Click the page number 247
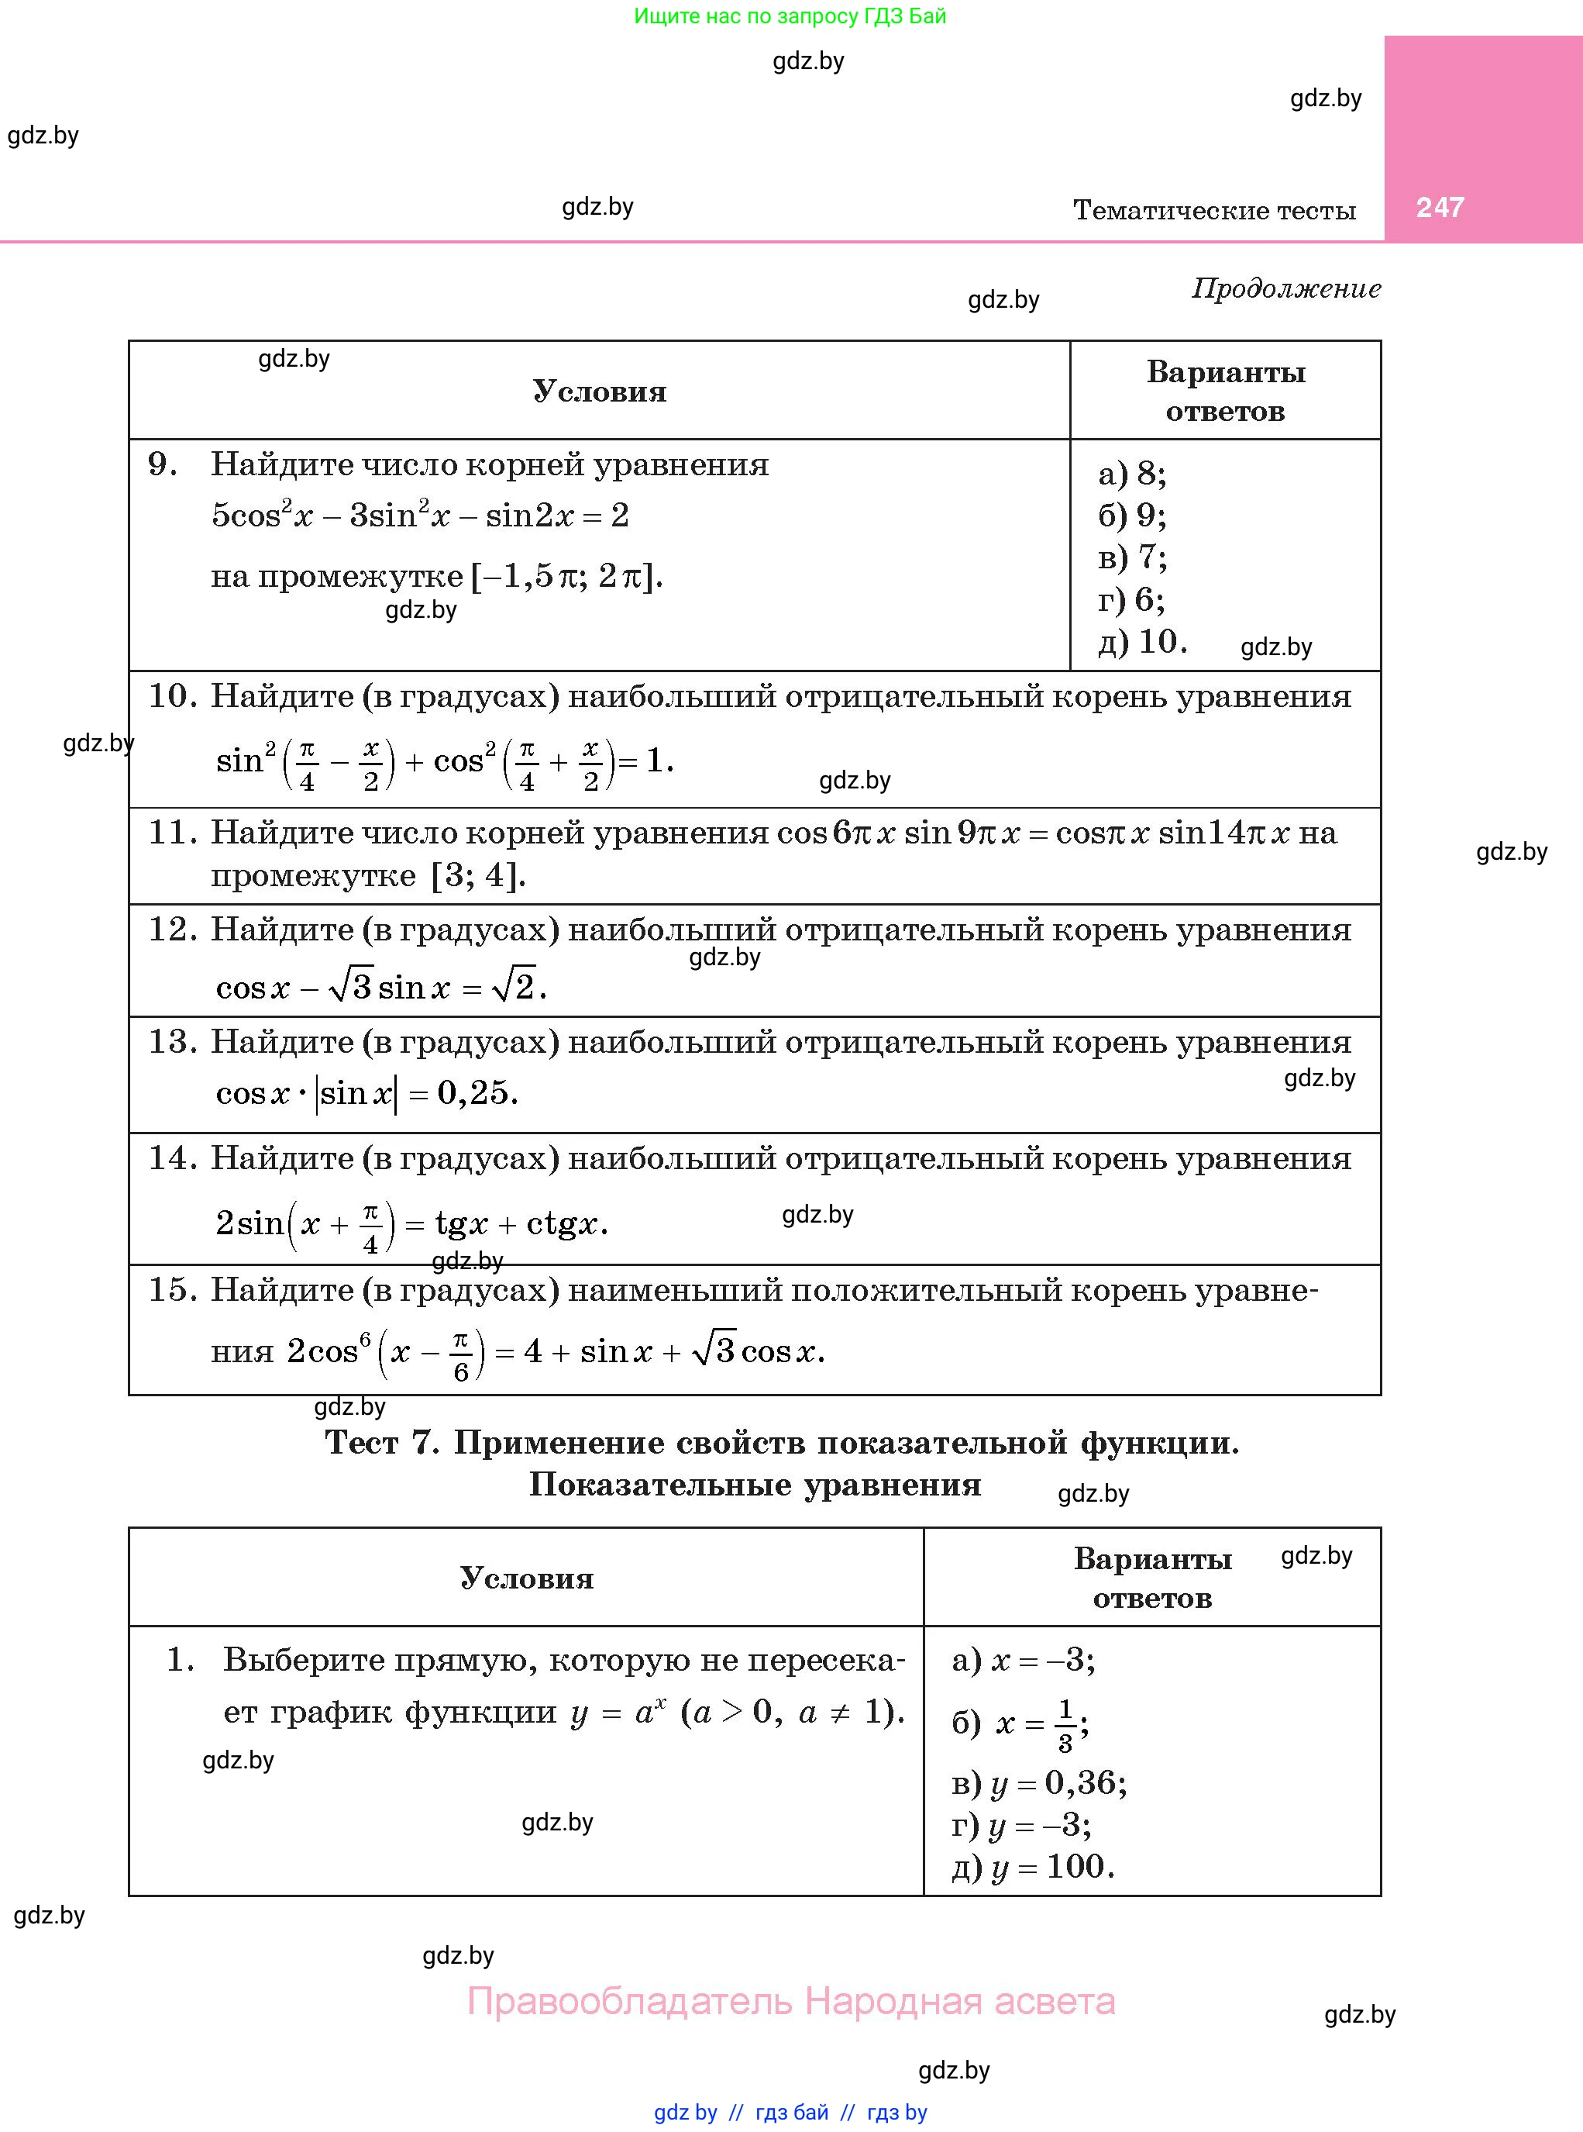tap(1439, 207)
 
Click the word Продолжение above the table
tap(1286, 288)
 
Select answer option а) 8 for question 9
tap(1132, 474)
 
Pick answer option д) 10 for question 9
tap(1142, 641)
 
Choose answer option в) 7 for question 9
tap(1132, 557)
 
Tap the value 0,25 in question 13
tap(477, 1093)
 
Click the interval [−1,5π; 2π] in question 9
tap(566, 576)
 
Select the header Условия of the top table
tap(599, 391)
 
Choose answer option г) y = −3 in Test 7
tap(1020, 1824)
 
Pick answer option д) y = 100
tap(1032, 1866)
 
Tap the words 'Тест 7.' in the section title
tap(381, 1443)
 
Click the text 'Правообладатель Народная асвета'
tap(790, 2002)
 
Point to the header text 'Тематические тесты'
tap(1214, 210)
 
